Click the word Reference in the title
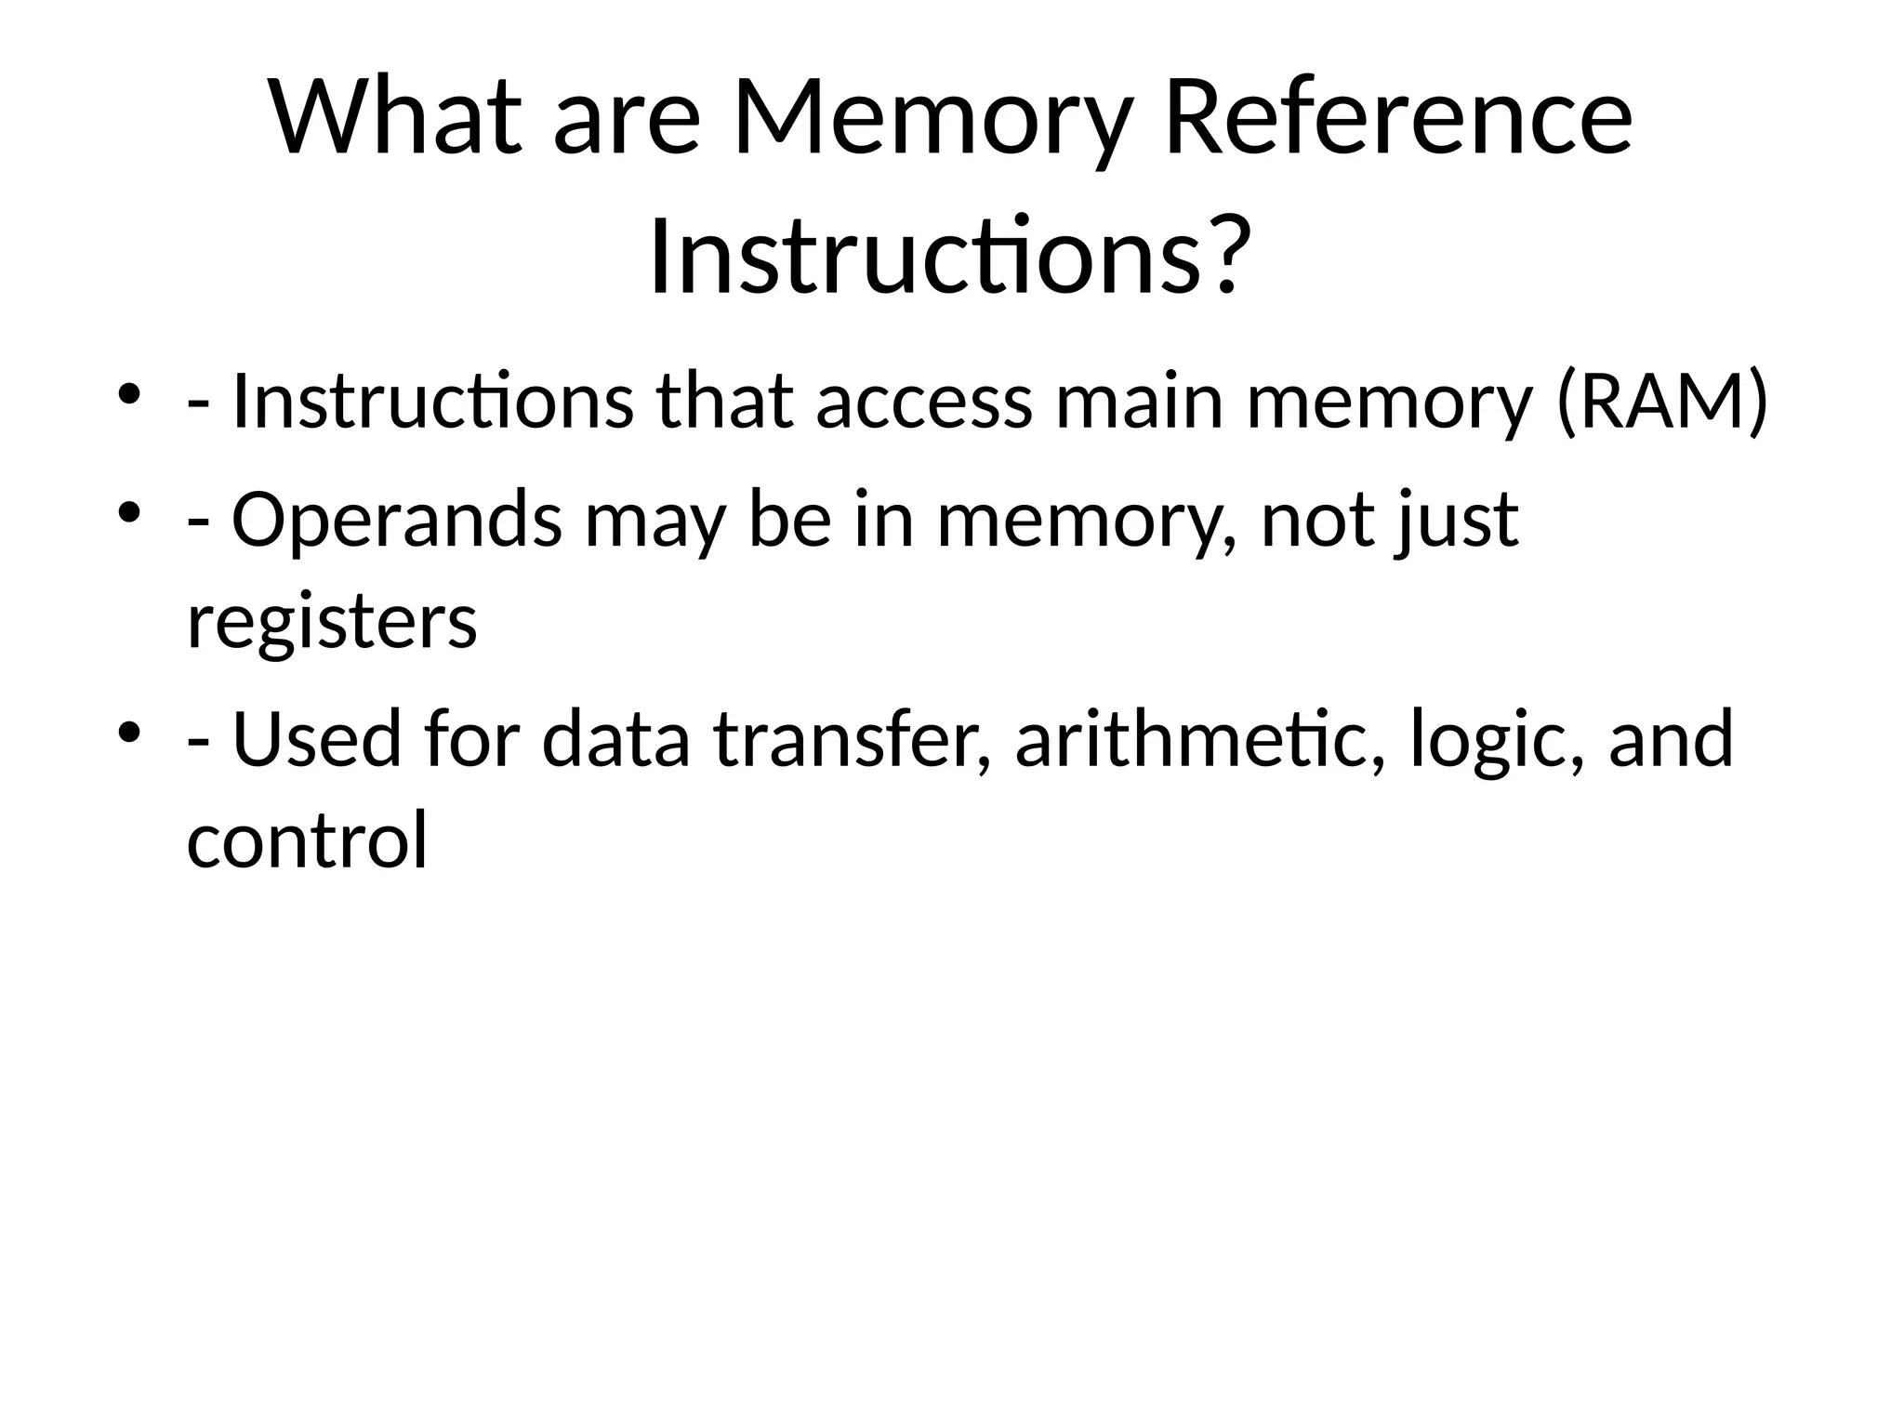pos(1397,119)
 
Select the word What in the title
pos(396,119)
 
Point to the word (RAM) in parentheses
pos(1660,403)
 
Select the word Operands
pos(396,521)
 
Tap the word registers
pos(332,623)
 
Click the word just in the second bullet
pos(1457,521)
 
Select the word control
pos(307,840)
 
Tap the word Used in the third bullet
pos(316,740)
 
